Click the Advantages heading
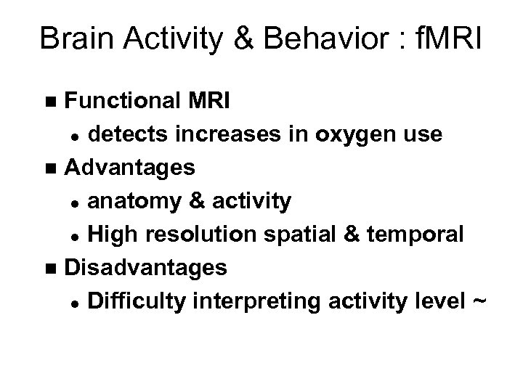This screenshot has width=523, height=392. coord(130,168)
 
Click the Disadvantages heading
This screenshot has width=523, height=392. coord(146,268)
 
